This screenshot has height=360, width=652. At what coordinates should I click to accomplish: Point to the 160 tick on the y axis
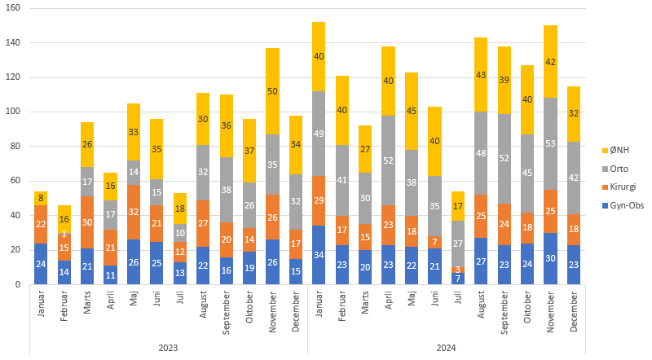pos(13,8)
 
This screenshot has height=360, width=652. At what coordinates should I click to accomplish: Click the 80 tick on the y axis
pos(15,147)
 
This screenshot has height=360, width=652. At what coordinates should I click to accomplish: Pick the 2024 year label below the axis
pos(446,348)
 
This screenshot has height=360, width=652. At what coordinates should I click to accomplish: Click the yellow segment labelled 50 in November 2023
pos(272,91)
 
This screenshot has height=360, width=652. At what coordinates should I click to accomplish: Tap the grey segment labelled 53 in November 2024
pos(551,143)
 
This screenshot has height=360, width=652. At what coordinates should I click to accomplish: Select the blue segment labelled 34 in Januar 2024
pos(319,255)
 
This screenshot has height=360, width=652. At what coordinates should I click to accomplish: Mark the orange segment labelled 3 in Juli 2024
pos(458,270)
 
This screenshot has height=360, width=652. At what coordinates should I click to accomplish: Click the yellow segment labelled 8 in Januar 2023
pos(40,198)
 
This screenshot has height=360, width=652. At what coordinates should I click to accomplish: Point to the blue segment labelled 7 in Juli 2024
pos(458,279)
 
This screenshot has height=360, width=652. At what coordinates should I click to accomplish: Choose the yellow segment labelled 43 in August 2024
pos(481,74)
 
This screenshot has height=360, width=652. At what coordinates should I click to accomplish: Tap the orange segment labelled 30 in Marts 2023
pos(86,222)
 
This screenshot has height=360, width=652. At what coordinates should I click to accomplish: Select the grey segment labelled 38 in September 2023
pos(226,190)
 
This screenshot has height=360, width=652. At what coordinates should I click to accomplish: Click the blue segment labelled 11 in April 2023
pos(110,275)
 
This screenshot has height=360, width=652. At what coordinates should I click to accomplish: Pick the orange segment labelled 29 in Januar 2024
pos(319,200)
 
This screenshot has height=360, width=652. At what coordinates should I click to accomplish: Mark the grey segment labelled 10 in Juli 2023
pos(179,233)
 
